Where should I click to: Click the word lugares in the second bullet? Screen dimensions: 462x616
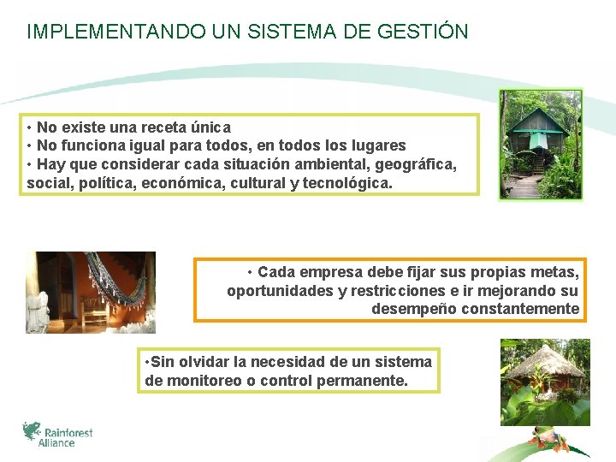point(377,145)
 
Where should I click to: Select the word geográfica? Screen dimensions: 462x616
point(414,164)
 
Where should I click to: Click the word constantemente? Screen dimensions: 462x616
point(520,309)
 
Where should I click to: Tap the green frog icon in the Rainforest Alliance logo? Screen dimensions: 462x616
point(32,430)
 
